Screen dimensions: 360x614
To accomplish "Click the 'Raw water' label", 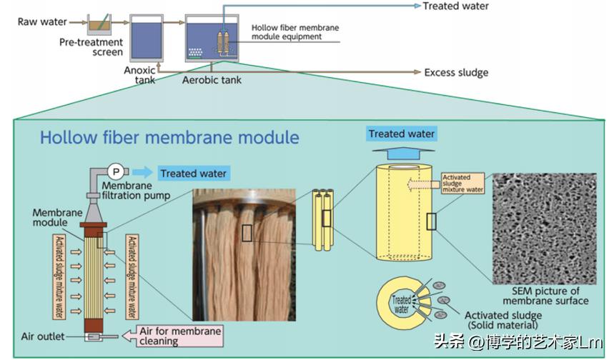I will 42,22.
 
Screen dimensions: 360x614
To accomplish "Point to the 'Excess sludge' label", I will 456,72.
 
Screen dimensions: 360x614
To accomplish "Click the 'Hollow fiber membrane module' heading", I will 169,136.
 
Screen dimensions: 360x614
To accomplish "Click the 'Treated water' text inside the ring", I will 402,305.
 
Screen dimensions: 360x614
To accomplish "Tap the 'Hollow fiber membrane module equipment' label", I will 295,32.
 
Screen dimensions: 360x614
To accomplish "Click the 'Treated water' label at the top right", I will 456,6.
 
